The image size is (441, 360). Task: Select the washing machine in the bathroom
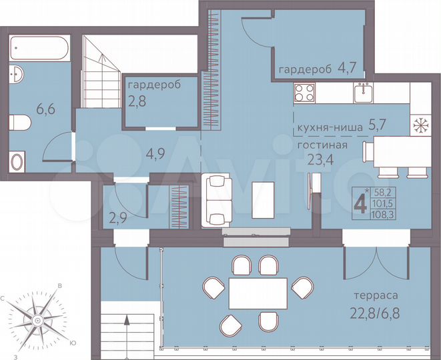(17, 162)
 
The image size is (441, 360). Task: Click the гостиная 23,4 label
(323, 150)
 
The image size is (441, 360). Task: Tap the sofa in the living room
(216, 198)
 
